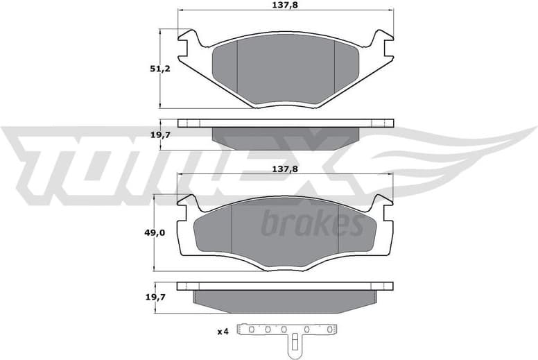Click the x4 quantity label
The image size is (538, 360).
coord(223,332)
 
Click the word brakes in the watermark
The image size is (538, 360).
coord(312,224)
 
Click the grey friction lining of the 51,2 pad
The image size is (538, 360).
coord(286,69)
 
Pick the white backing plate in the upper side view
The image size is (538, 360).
coord(286,123)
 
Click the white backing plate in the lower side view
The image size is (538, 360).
coord(286,286)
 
